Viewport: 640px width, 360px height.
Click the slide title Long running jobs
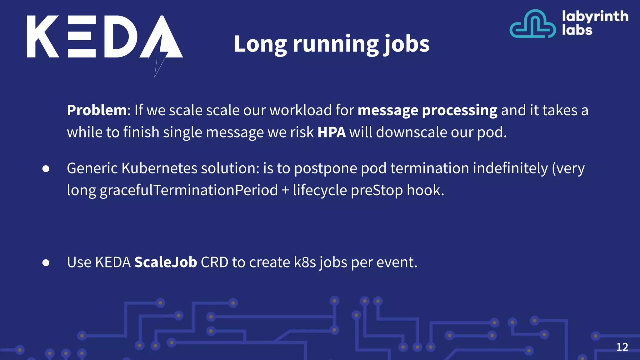tap(332, 44)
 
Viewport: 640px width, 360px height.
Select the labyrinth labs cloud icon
tap(532, 24)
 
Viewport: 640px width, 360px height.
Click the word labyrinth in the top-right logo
tap(595, 16)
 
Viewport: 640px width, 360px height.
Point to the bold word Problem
tap(97, 111)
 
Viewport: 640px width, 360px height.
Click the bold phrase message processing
tap(427, 111)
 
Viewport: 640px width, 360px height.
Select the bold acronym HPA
tap(331, 132)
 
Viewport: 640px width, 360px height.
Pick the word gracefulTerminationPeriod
tap(189, 190)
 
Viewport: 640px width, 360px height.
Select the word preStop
tap(377, 190)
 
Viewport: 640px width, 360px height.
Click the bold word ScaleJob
tap(166, 262)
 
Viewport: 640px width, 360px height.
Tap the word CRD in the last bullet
tap(214, 262)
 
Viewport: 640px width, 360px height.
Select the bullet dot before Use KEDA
tap(46, 263)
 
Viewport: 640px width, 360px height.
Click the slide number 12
tap(622, 347)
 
